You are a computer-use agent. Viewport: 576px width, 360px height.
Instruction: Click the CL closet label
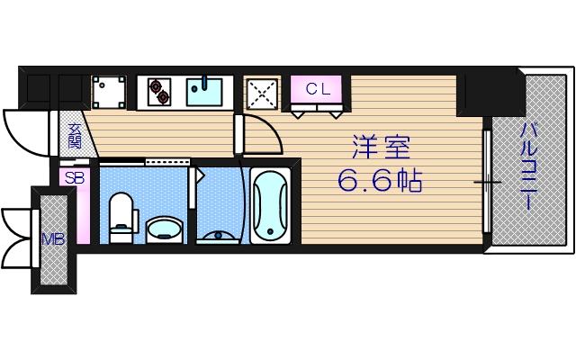(318, 89)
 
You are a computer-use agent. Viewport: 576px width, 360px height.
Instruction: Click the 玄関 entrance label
(74, 134)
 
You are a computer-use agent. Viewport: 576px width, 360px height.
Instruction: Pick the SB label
(74, 178)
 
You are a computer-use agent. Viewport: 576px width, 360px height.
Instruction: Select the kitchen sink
(205, 92)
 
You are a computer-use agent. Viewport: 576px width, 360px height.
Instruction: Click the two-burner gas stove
(158, 92)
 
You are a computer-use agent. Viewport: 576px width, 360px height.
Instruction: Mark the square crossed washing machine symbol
(261, 94)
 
